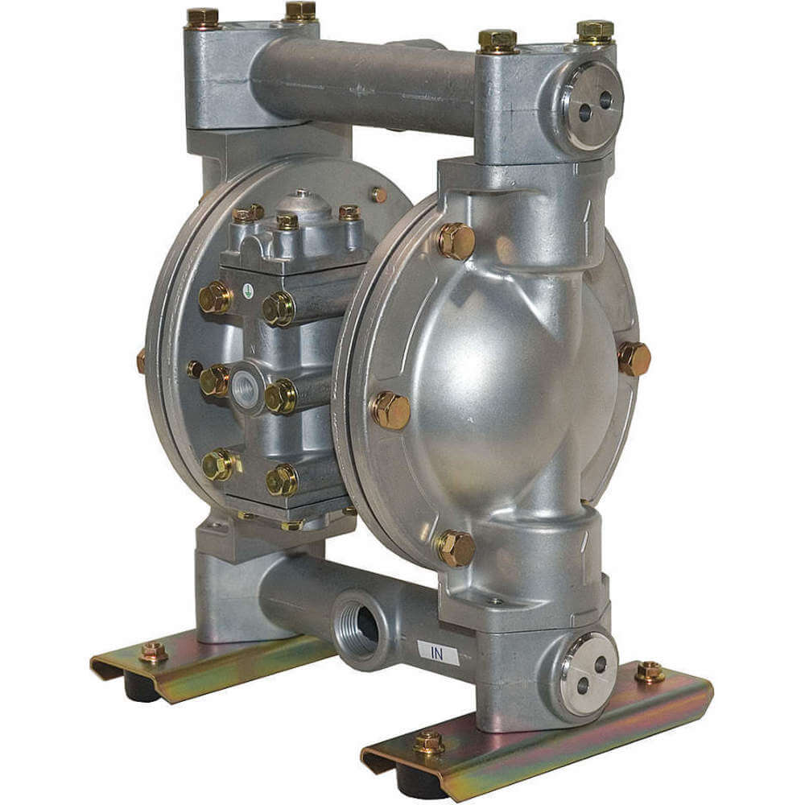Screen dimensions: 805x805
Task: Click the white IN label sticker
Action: coord(437,653)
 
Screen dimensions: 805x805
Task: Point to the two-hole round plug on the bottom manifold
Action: coord(590,674)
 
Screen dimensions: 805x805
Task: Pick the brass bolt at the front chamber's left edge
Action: coord(390,410)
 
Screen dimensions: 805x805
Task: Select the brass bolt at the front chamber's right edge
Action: coord(634,358)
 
